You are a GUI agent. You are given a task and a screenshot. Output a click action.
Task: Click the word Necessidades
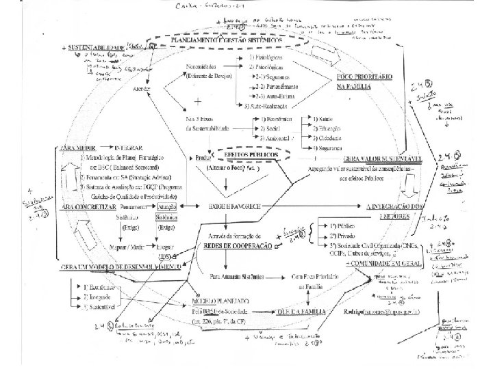coord(203,67)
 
